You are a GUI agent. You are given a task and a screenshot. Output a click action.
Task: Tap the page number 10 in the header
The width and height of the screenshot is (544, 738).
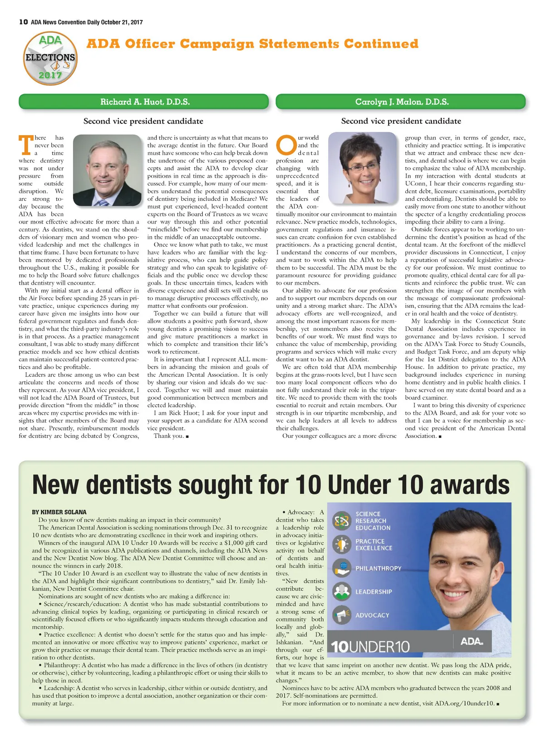(x=24, y=22)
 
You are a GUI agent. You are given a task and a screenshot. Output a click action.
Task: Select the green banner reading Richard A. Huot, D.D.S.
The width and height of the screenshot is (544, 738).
(x=145, y=102)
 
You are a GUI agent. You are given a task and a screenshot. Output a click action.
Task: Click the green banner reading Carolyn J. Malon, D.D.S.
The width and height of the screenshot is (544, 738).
(x=402, y=102)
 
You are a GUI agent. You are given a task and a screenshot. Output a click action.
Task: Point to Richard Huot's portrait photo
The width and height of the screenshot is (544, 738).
(x=107, y=170)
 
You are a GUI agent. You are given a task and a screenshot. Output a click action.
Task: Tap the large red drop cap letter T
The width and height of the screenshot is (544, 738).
(x=25, y=145)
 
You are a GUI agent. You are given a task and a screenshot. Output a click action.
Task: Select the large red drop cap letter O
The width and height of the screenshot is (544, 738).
(x=286, y=146)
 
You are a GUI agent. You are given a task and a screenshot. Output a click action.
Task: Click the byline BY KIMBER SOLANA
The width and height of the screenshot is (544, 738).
(x=59, y=512)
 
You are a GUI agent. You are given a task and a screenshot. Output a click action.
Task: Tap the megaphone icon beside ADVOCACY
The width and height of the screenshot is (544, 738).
(x=341, y=615)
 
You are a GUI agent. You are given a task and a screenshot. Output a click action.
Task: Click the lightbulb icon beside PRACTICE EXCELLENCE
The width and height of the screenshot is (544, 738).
(x=341, y=544)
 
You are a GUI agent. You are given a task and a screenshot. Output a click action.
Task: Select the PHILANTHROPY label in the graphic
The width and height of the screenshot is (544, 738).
(x=378, y=568)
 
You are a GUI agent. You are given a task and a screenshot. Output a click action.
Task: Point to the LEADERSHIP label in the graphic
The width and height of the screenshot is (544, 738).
(x=374, y=592)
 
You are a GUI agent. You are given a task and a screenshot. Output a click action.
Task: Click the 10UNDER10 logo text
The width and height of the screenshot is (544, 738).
(x=370, y=646)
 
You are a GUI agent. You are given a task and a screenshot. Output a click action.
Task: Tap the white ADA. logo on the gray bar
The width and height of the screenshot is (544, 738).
(x=471, y=641)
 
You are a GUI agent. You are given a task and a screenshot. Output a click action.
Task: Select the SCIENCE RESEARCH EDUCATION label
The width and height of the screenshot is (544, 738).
(x=373, y=521)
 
